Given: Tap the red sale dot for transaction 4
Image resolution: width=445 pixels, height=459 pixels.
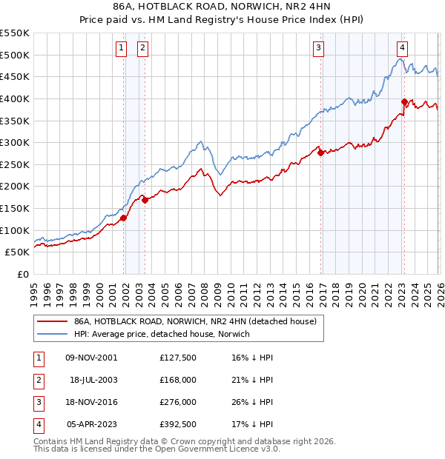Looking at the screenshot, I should tap(404, 102).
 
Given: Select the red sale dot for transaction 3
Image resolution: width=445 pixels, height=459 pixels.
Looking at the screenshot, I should tap(320, 153).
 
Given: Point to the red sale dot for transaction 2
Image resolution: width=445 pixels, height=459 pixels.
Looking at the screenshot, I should tap(145, 200).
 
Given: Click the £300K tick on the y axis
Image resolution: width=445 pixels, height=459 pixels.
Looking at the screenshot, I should tap(15, 142).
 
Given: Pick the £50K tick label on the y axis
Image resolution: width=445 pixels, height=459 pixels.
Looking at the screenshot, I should tap(18, 252).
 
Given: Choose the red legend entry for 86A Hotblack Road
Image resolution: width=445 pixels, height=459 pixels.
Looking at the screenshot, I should tap(195, 321).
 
